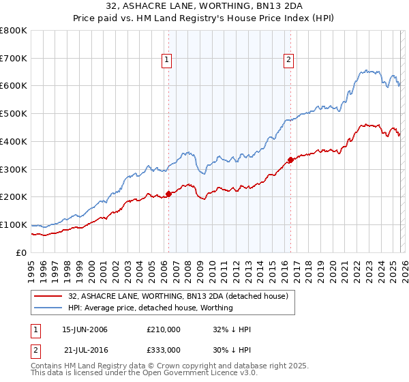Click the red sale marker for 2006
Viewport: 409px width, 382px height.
pos(168,194)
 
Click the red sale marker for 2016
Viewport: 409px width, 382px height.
pos(290,160)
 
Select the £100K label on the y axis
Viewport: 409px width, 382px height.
pos(13,224)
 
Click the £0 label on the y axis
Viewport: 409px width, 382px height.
pos(20,252)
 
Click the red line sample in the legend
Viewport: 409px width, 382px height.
pos(48,296)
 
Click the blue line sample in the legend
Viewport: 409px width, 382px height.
pos(48,308)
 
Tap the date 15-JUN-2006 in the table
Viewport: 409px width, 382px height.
pos(85,329)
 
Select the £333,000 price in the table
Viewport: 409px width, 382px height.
pos(164,349)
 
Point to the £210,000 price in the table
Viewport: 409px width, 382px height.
pos(164,329)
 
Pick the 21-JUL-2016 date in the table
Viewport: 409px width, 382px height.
pos(85,349)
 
